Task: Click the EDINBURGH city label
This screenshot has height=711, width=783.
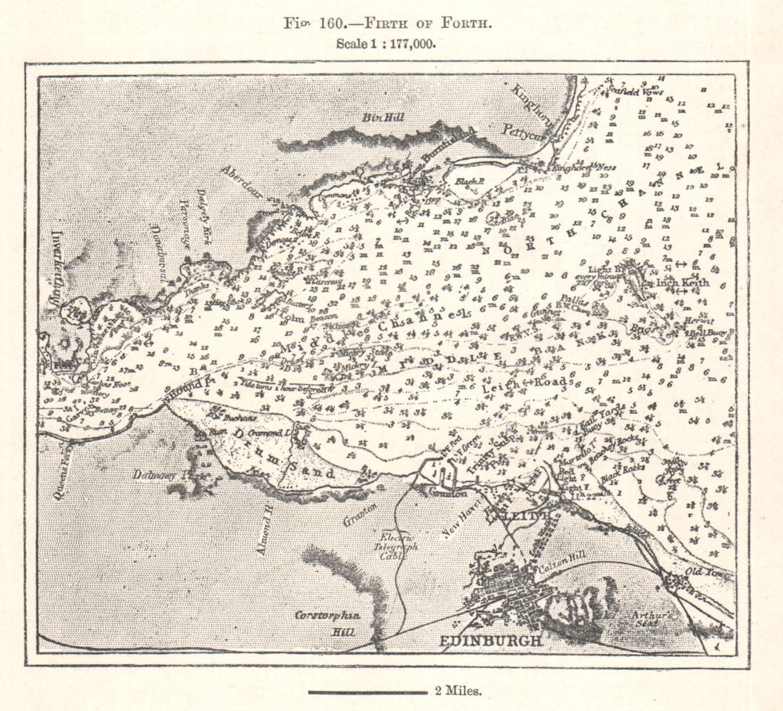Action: coord(491,641)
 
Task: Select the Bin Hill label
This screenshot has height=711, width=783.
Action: coord(382,117)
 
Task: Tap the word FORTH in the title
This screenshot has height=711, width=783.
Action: coord(467,22)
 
